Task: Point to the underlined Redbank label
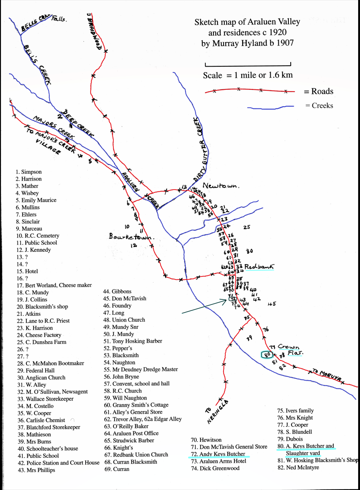click(260, 267)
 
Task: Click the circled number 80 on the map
click(267, 355)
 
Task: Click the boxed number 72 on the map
click(233, 299)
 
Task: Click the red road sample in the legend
click(250, 91)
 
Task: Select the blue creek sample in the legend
click(271, 108)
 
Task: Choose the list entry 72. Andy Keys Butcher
click(218, 454)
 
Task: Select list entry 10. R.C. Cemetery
click(37, 236)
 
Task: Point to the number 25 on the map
click(247, 227)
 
